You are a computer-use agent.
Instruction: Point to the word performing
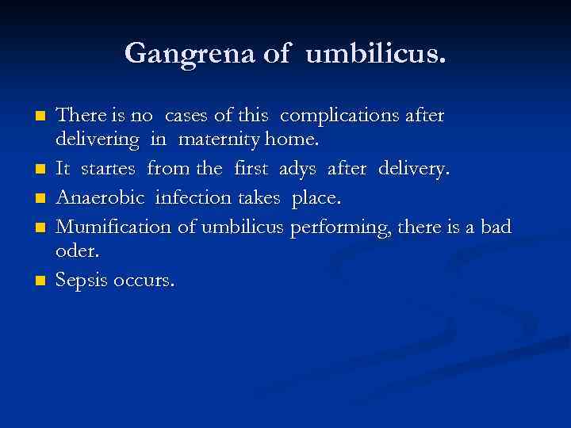tap(334, 227)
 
